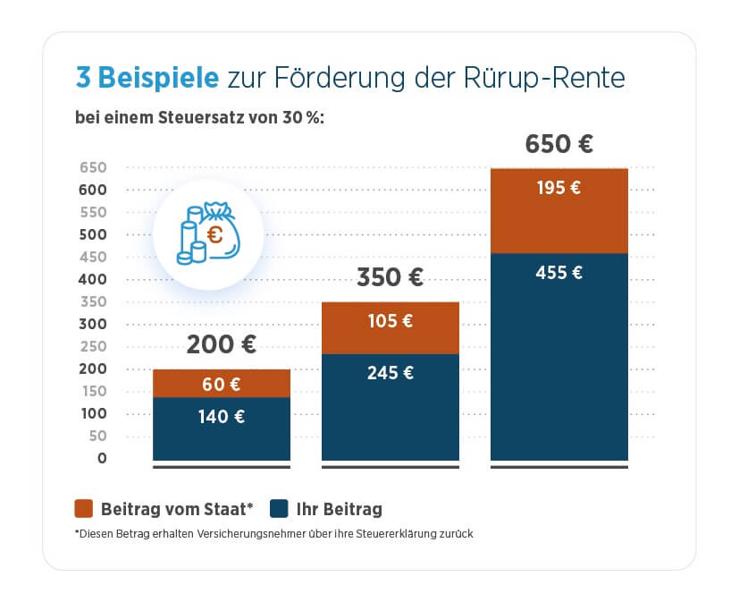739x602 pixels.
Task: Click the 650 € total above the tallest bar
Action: [x=558, y=144]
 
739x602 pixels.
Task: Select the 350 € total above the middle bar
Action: [x=390, y=277]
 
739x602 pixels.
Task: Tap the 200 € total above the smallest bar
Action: [x=221, y=345]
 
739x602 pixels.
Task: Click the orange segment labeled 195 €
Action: [x=558, y=210]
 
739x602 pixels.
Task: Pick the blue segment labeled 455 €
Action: [x=558, y=358]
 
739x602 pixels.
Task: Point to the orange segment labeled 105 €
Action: [x=390, y=328]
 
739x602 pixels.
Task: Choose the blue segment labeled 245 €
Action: [x=390, y=407]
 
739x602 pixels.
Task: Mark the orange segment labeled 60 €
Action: [x=221, y=384]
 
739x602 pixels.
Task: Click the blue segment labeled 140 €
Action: [x=221, y=428]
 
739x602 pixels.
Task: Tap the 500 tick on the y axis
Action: [x=93, y=234]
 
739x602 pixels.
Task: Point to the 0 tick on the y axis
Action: [x=102, y=458]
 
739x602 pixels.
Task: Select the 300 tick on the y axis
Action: [x=93, y=324]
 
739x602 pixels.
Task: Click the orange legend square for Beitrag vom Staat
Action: [x=83, y=510]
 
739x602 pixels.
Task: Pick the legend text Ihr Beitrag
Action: [x=340, y=510]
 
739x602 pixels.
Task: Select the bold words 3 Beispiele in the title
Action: [x=147, y=78]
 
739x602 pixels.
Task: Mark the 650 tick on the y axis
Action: [x=93, y=167]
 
